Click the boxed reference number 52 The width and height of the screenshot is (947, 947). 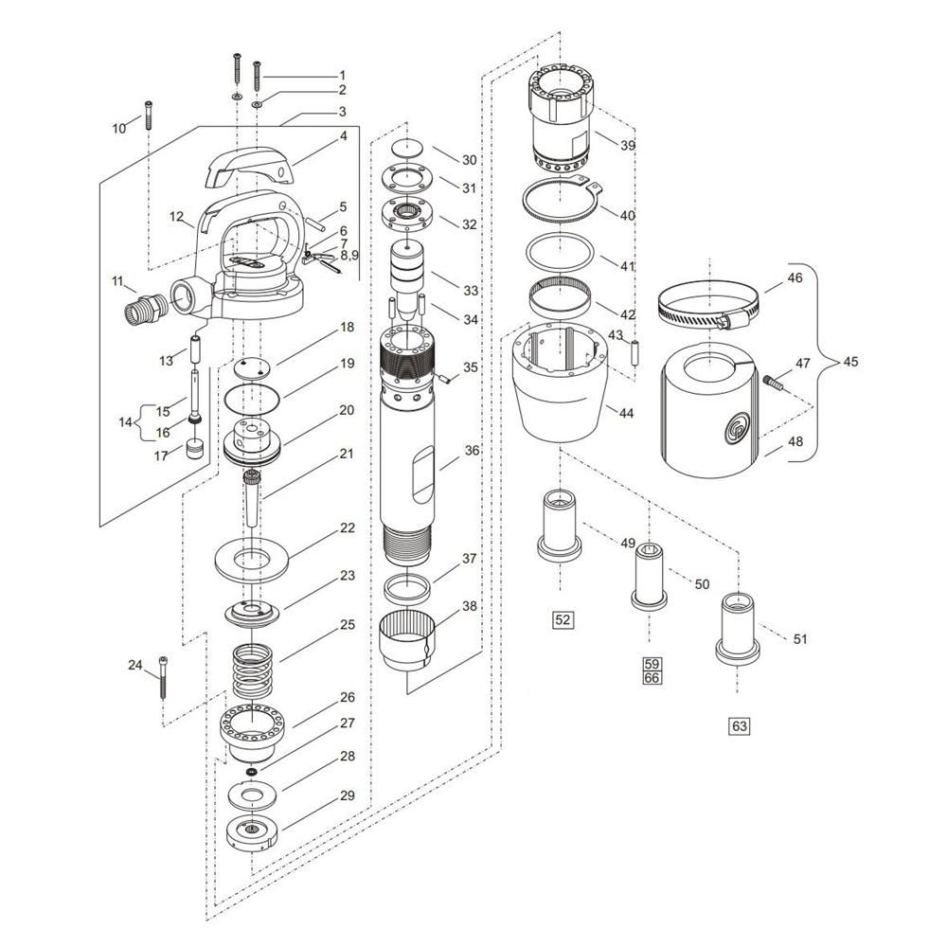563,619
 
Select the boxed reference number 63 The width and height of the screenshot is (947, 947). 740,725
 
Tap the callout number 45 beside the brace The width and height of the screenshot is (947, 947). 849,362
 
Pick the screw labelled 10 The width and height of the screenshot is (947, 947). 148,115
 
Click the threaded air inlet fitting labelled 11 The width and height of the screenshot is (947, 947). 144,307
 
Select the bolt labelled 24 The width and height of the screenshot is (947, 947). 163,677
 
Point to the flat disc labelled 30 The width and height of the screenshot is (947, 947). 408,148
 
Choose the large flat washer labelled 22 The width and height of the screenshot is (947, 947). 252,558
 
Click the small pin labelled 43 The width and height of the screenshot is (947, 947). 634,354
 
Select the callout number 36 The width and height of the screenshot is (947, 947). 472,451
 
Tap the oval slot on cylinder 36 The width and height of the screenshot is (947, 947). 423,474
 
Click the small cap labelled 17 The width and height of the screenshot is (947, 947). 194,450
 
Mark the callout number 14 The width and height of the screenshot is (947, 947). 125,422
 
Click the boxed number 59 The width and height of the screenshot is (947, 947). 652,663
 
